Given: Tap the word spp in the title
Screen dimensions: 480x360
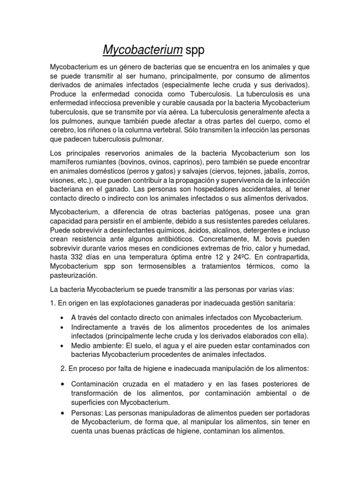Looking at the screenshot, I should (x=195, y=50).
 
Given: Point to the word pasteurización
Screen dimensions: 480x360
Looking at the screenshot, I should (x=74, y=276).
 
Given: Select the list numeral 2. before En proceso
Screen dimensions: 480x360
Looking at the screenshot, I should (x=64, y=368).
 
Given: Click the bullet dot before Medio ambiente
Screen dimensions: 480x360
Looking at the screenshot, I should (x=62, y=345).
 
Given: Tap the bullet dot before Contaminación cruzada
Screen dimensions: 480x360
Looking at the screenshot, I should (x=62, y=384).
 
